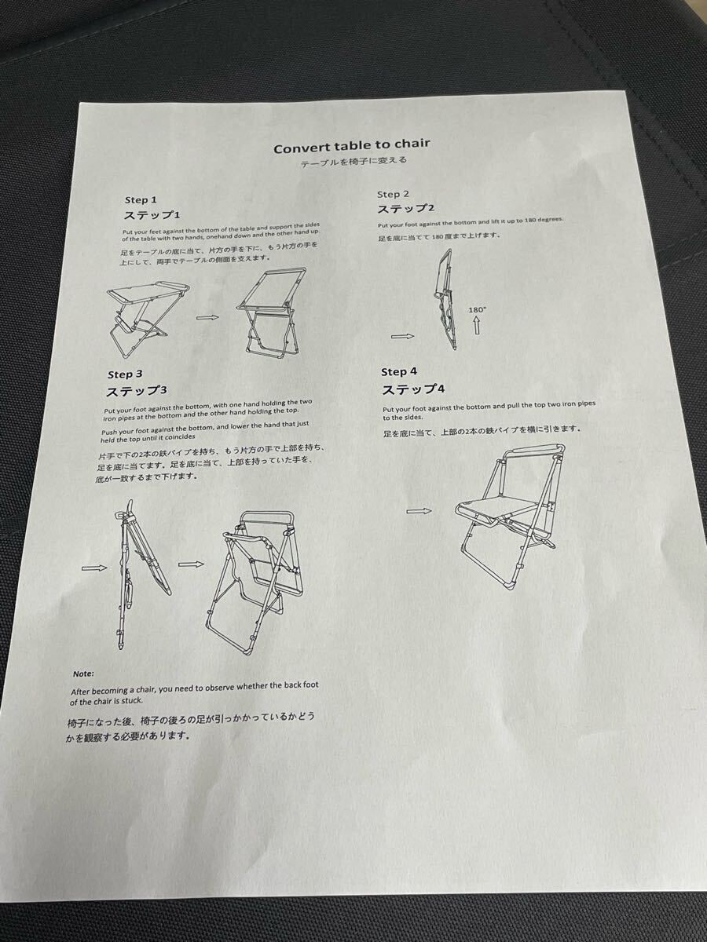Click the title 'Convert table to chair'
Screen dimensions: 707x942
point(352,146)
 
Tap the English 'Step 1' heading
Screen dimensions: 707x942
point(141,200)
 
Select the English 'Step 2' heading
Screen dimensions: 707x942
point(394,195)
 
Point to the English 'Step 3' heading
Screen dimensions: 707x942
point(125,374)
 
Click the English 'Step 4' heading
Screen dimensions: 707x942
point(399,371)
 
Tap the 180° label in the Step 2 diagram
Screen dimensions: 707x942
point(476,309)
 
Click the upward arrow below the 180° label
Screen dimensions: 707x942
point(477,326)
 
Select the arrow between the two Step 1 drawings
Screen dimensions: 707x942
point(207,318)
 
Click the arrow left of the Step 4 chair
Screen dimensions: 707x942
point(419,511)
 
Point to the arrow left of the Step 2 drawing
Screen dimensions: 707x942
point(402,337)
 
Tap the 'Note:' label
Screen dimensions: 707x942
point(82,674)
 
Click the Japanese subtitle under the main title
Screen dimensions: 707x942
point(353,162)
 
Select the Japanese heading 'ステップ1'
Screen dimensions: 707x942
point(152,214)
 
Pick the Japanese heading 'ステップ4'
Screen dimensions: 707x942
point(413,389)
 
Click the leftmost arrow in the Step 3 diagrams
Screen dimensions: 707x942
point(94,568)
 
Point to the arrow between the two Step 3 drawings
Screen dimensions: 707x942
point(191,564)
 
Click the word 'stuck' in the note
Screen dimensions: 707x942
point(133,700)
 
